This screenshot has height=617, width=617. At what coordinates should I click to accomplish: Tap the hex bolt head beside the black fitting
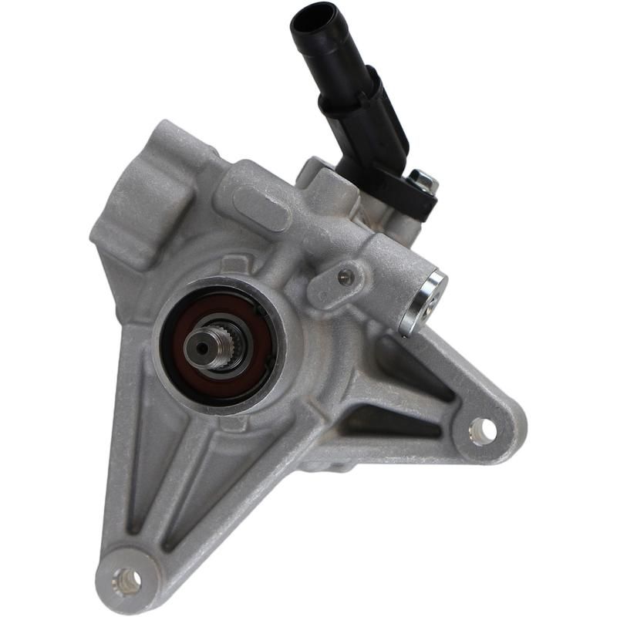422,181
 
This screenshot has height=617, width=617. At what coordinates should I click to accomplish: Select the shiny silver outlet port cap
425,302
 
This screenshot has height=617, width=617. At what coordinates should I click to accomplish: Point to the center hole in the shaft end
202,348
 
